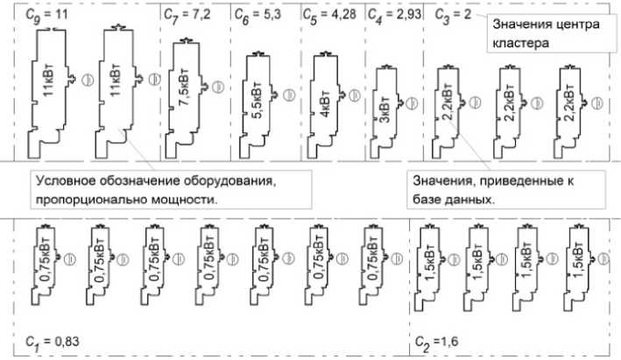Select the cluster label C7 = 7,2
pyautogui.click(x=183, y=16)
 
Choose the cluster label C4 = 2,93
pyautogui.click(x=391, y=16)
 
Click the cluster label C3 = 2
pyautogui.click(x=454, y=16)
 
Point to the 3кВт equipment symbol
pyautogui.click(x=385, y=102)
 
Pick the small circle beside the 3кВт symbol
pyautogui.click(x=409, y=102)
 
